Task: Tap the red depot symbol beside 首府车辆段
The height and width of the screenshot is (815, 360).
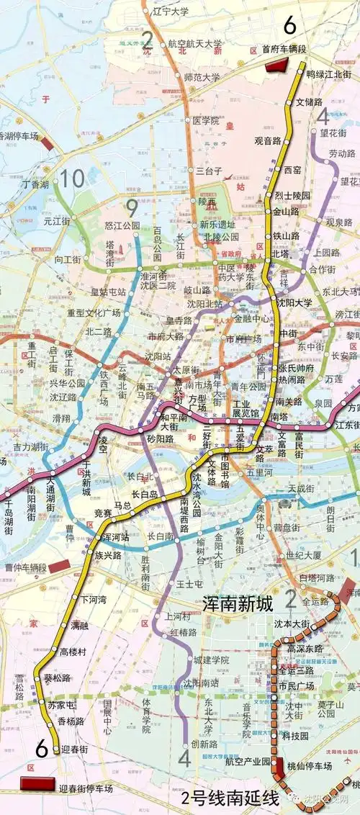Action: tap(276, 66)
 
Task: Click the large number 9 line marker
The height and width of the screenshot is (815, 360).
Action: tap(132, 208)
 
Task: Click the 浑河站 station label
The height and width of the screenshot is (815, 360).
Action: tap(114, 537)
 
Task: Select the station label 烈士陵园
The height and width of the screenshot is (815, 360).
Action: tap(293, 196)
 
